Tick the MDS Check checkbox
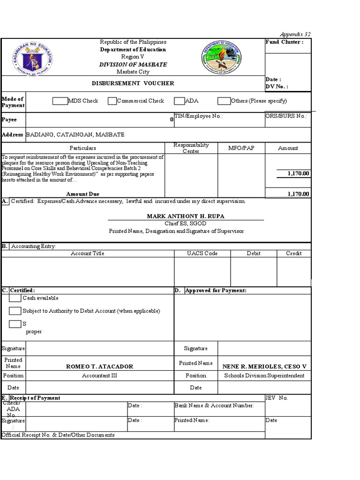point(60,101)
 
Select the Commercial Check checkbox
point(112,101)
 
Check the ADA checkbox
point(179,101)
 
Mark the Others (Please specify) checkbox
point(224,101)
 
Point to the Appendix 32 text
point(295,34)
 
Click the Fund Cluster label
point(284,42)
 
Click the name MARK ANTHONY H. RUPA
point(186,216)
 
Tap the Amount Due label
point(82,194)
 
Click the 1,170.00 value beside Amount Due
point(298,194)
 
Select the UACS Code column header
point(202,254)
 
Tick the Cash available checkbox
point(15,298)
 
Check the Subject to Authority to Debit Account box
point(15,311)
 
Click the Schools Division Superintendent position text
point(264,375)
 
